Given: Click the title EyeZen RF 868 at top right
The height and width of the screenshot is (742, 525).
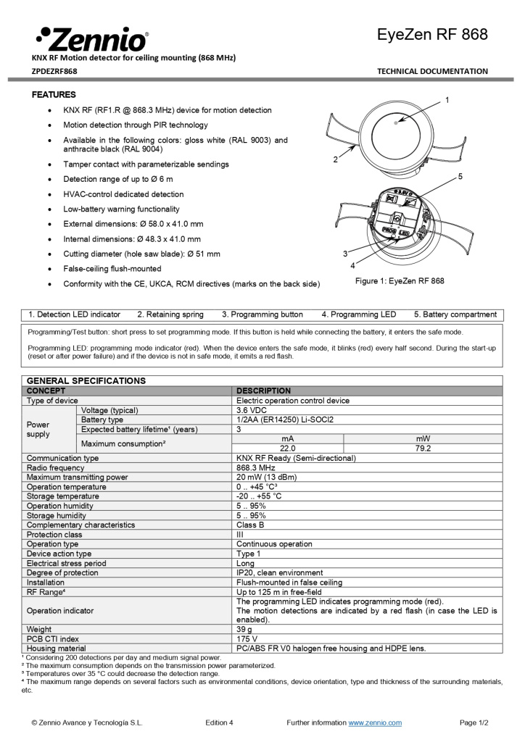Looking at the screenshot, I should [x=432, y=34].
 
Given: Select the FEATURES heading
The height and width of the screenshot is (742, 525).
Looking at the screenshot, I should [x=54, y=95].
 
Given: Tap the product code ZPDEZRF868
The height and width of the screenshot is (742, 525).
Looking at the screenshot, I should [x=54, y=71].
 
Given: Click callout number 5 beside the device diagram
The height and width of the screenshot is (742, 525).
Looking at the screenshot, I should [x=460, y=176].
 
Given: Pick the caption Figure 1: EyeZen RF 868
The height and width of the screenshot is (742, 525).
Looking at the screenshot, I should [x=400, y=280].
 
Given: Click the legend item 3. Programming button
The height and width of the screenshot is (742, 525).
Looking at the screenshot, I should [x=262, y=314].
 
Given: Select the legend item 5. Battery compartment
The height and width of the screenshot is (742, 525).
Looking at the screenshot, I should [x=455, y=314].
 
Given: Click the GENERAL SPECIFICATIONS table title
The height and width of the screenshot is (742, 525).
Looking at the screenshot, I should [x=86, y=380].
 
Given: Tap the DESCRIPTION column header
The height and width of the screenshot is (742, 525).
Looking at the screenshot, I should [x=263, y=391].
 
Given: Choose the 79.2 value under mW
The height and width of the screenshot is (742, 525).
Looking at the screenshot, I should [x=423, y=449].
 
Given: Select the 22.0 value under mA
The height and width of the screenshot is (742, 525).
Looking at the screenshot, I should [x=288, y=449].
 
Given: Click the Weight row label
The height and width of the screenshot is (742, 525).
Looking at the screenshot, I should [x=39, y=629].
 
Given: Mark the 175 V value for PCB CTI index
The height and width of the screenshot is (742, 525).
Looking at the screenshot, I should [x=248, y=638].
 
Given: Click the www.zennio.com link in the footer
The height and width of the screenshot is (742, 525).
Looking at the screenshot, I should [x=375, y=722].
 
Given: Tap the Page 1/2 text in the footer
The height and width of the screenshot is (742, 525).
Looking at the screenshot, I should [x=474, y=722].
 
